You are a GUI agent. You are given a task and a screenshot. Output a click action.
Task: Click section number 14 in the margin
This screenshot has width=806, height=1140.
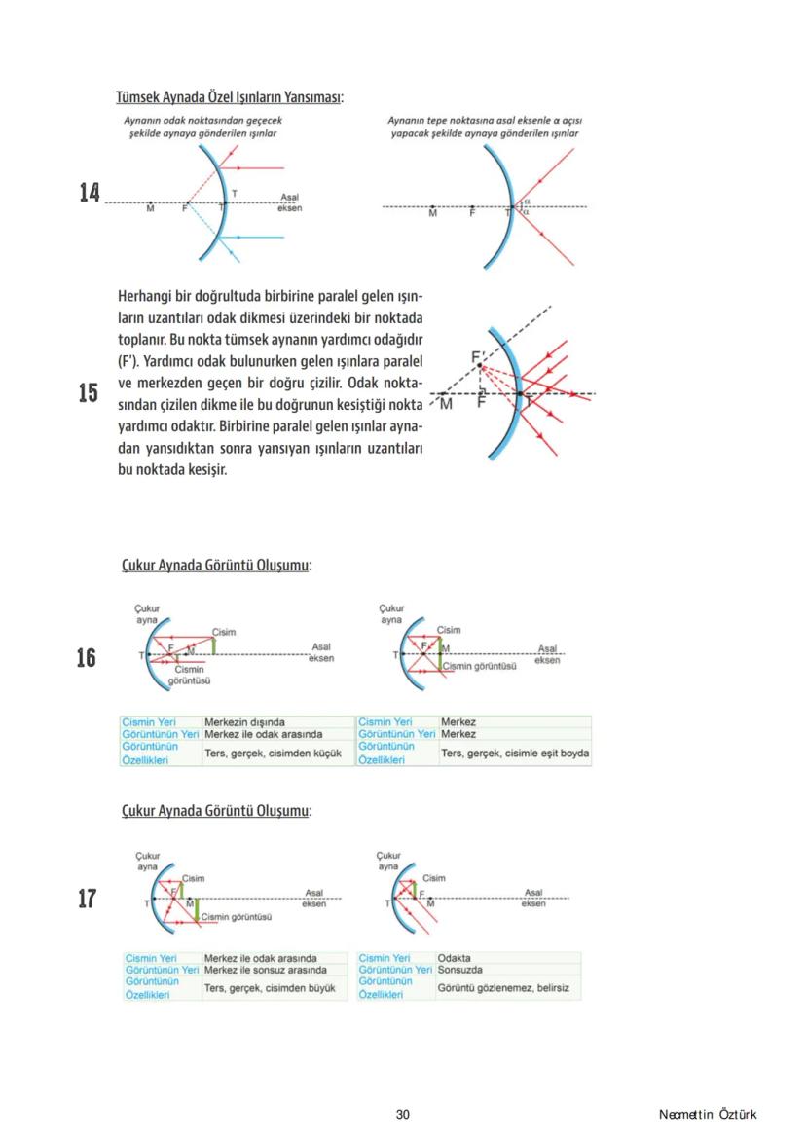click(90, 193)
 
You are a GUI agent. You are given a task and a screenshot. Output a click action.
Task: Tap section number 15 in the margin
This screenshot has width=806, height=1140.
click(89, 392)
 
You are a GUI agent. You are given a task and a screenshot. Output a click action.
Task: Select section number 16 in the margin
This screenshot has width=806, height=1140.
click(87, 658)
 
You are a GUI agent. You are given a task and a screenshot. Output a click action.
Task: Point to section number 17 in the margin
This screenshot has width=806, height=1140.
click(87, 898)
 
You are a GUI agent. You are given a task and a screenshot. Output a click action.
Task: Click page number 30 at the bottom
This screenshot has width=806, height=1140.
click(403, 1114)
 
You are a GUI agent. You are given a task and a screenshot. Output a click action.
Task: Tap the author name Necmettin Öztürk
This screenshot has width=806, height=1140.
click(707, 1114)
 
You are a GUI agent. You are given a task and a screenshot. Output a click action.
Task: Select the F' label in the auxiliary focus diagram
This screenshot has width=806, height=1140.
click(478, 358)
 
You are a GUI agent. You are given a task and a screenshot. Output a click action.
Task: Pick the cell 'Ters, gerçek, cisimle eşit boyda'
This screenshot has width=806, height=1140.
click(514, 753)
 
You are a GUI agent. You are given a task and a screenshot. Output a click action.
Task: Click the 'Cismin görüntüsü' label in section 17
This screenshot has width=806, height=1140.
click(238, 916)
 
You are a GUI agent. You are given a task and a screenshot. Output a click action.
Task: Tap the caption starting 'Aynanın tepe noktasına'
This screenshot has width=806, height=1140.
click(479, 126)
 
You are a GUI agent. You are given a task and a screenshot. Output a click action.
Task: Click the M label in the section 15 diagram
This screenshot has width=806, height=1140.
click(446, 404)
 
